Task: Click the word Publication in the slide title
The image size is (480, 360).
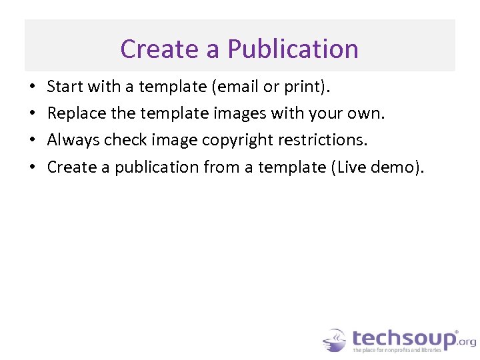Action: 293,49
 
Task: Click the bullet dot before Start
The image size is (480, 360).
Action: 32,87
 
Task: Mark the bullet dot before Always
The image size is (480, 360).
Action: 32,141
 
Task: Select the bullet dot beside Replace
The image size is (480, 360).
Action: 32,114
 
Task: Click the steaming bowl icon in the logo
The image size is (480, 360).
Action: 335,340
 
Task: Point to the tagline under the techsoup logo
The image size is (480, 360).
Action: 396,349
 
